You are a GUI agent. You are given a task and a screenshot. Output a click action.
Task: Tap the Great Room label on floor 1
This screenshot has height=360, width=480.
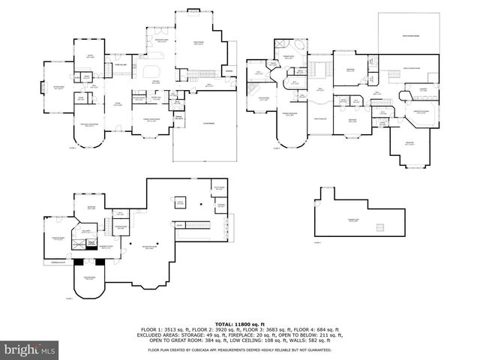click(198, 43)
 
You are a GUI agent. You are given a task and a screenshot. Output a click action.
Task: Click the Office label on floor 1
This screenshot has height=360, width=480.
click(88, 56)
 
